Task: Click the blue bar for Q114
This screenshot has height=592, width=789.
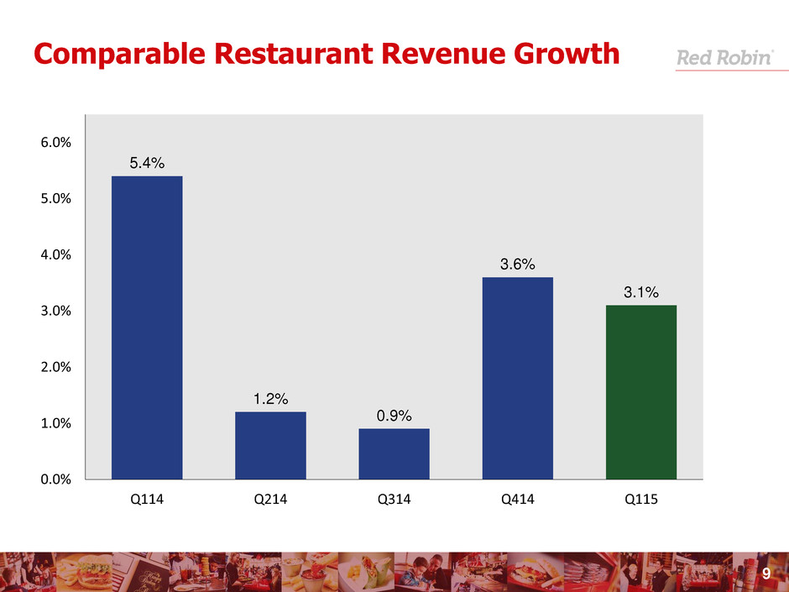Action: [x=147, y=327]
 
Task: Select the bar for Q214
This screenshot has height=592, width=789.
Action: [x=270, y=445]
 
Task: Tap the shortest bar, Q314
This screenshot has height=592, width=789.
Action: [x=394, y=453]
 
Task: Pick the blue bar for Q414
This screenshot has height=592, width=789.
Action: [x=517, y=378]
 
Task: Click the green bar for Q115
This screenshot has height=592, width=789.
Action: [x=641, y=392]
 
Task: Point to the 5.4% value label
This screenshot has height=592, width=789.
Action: [x=147, y=163]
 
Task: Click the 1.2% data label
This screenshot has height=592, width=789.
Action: [x=270, y=399]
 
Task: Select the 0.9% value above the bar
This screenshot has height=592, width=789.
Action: [x=394, y=416]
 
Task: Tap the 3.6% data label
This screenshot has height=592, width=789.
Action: [x=517, y=265]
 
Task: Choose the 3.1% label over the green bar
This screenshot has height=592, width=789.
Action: [x=641, y=292]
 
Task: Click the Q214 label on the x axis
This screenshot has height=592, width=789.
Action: [x=270, y=501]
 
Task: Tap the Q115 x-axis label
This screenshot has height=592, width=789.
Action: [x=641, y=501]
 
